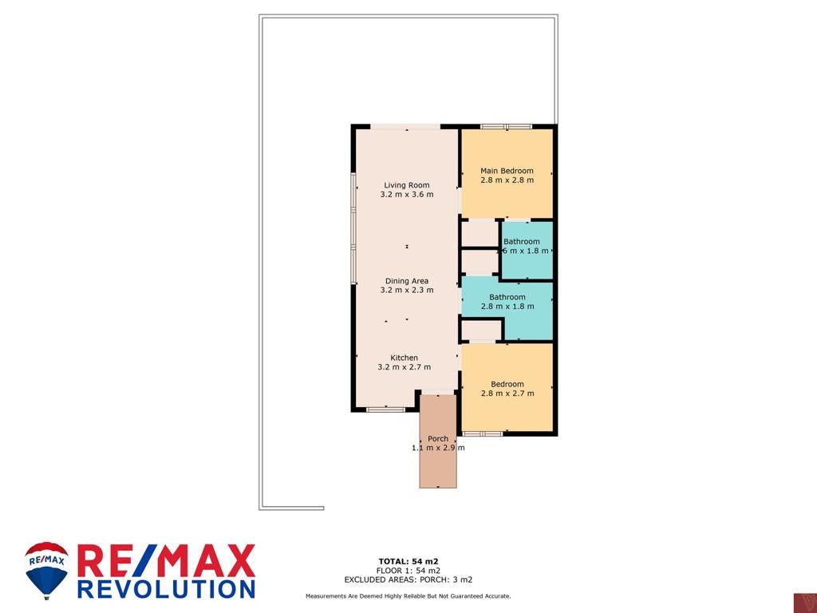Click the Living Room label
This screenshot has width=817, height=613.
click(407, 185)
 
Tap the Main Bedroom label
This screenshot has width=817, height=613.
click(507, 171)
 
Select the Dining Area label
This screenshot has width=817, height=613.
click(407, 281)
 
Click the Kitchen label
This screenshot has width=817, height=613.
click(405, 358)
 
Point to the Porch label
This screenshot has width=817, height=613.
click(438, 439)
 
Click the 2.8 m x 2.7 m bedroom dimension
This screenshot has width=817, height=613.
click(507, 394)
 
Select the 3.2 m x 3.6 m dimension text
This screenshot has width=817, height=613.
click(407, 195)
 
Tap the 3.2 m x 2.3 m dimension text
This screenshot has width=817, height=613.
click(407, 291)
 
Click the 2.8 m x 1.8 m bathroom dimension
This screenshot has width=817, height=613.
click(507, 306)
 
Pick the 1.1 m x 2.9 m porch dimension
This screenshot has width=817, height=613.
click(438, 448)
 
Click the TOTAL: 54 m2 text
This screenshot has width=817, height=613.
click(408, 561)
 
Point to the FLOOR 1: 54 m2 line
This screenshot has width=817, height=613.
click(408, 571)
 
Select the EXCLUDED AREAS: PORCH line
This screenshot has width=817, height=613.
click(408, 579)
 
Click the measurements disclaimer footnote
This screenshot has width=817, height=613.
click(408, 596)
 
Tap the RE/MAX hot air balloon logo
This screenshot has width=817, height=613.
click(47, 570)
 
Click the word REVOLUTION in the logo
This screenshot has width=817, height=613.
click(167, 588)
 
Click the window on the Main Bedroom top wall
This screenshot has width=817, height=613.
click(506, 126)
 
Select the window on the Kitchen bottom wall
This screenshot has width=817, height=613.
click(385, 409)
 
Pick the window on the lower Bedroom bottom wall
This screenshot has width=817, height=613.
click(482, 433)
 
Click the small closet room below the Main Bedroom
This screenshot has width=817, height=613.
click(480, 232)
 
